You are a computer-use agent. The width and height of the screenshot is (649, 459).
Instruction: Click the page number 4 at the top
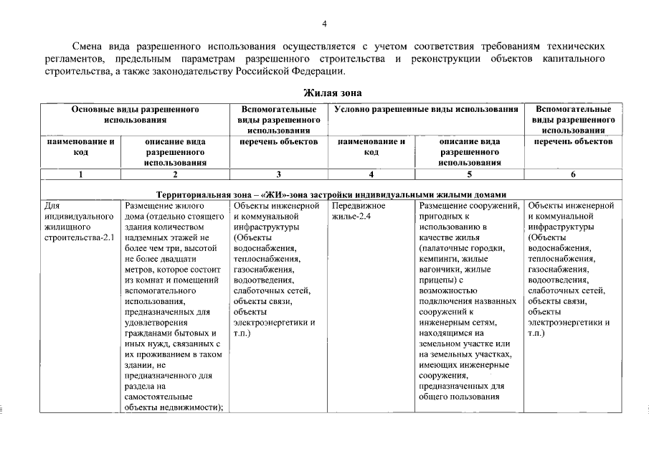click(x=324, y=24)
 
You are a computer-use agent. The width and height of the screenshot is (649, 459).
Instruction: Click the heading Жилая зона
click(x=333, y=93)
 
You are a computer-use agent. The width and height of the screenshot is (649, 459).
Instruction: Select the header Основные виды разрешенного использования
click(x=135, y=115)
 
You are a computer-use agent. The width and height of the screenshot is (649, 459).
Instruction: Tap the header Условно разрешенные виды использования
click(x=426, y=110)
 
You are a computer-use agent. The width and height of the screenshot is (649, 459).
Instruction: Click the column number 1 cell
click(x=80, y=174)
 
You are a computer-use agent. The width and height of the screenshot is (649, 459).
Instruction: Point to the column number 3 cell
click(x=278, y=174)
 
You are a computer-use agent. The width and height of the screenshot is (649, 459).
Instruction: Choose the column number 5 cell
click(x=470, y=174)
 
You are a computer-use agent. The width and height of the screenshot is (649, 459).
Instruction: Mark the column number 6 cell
click(x=572, y=174)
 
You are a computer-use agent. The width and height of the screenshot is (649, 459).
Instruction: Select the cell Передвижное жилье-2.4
click(x=359, y=212)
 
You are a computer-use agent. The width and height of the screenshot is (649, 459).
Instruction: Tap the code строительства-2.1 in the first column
click(x=79, y=237)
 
